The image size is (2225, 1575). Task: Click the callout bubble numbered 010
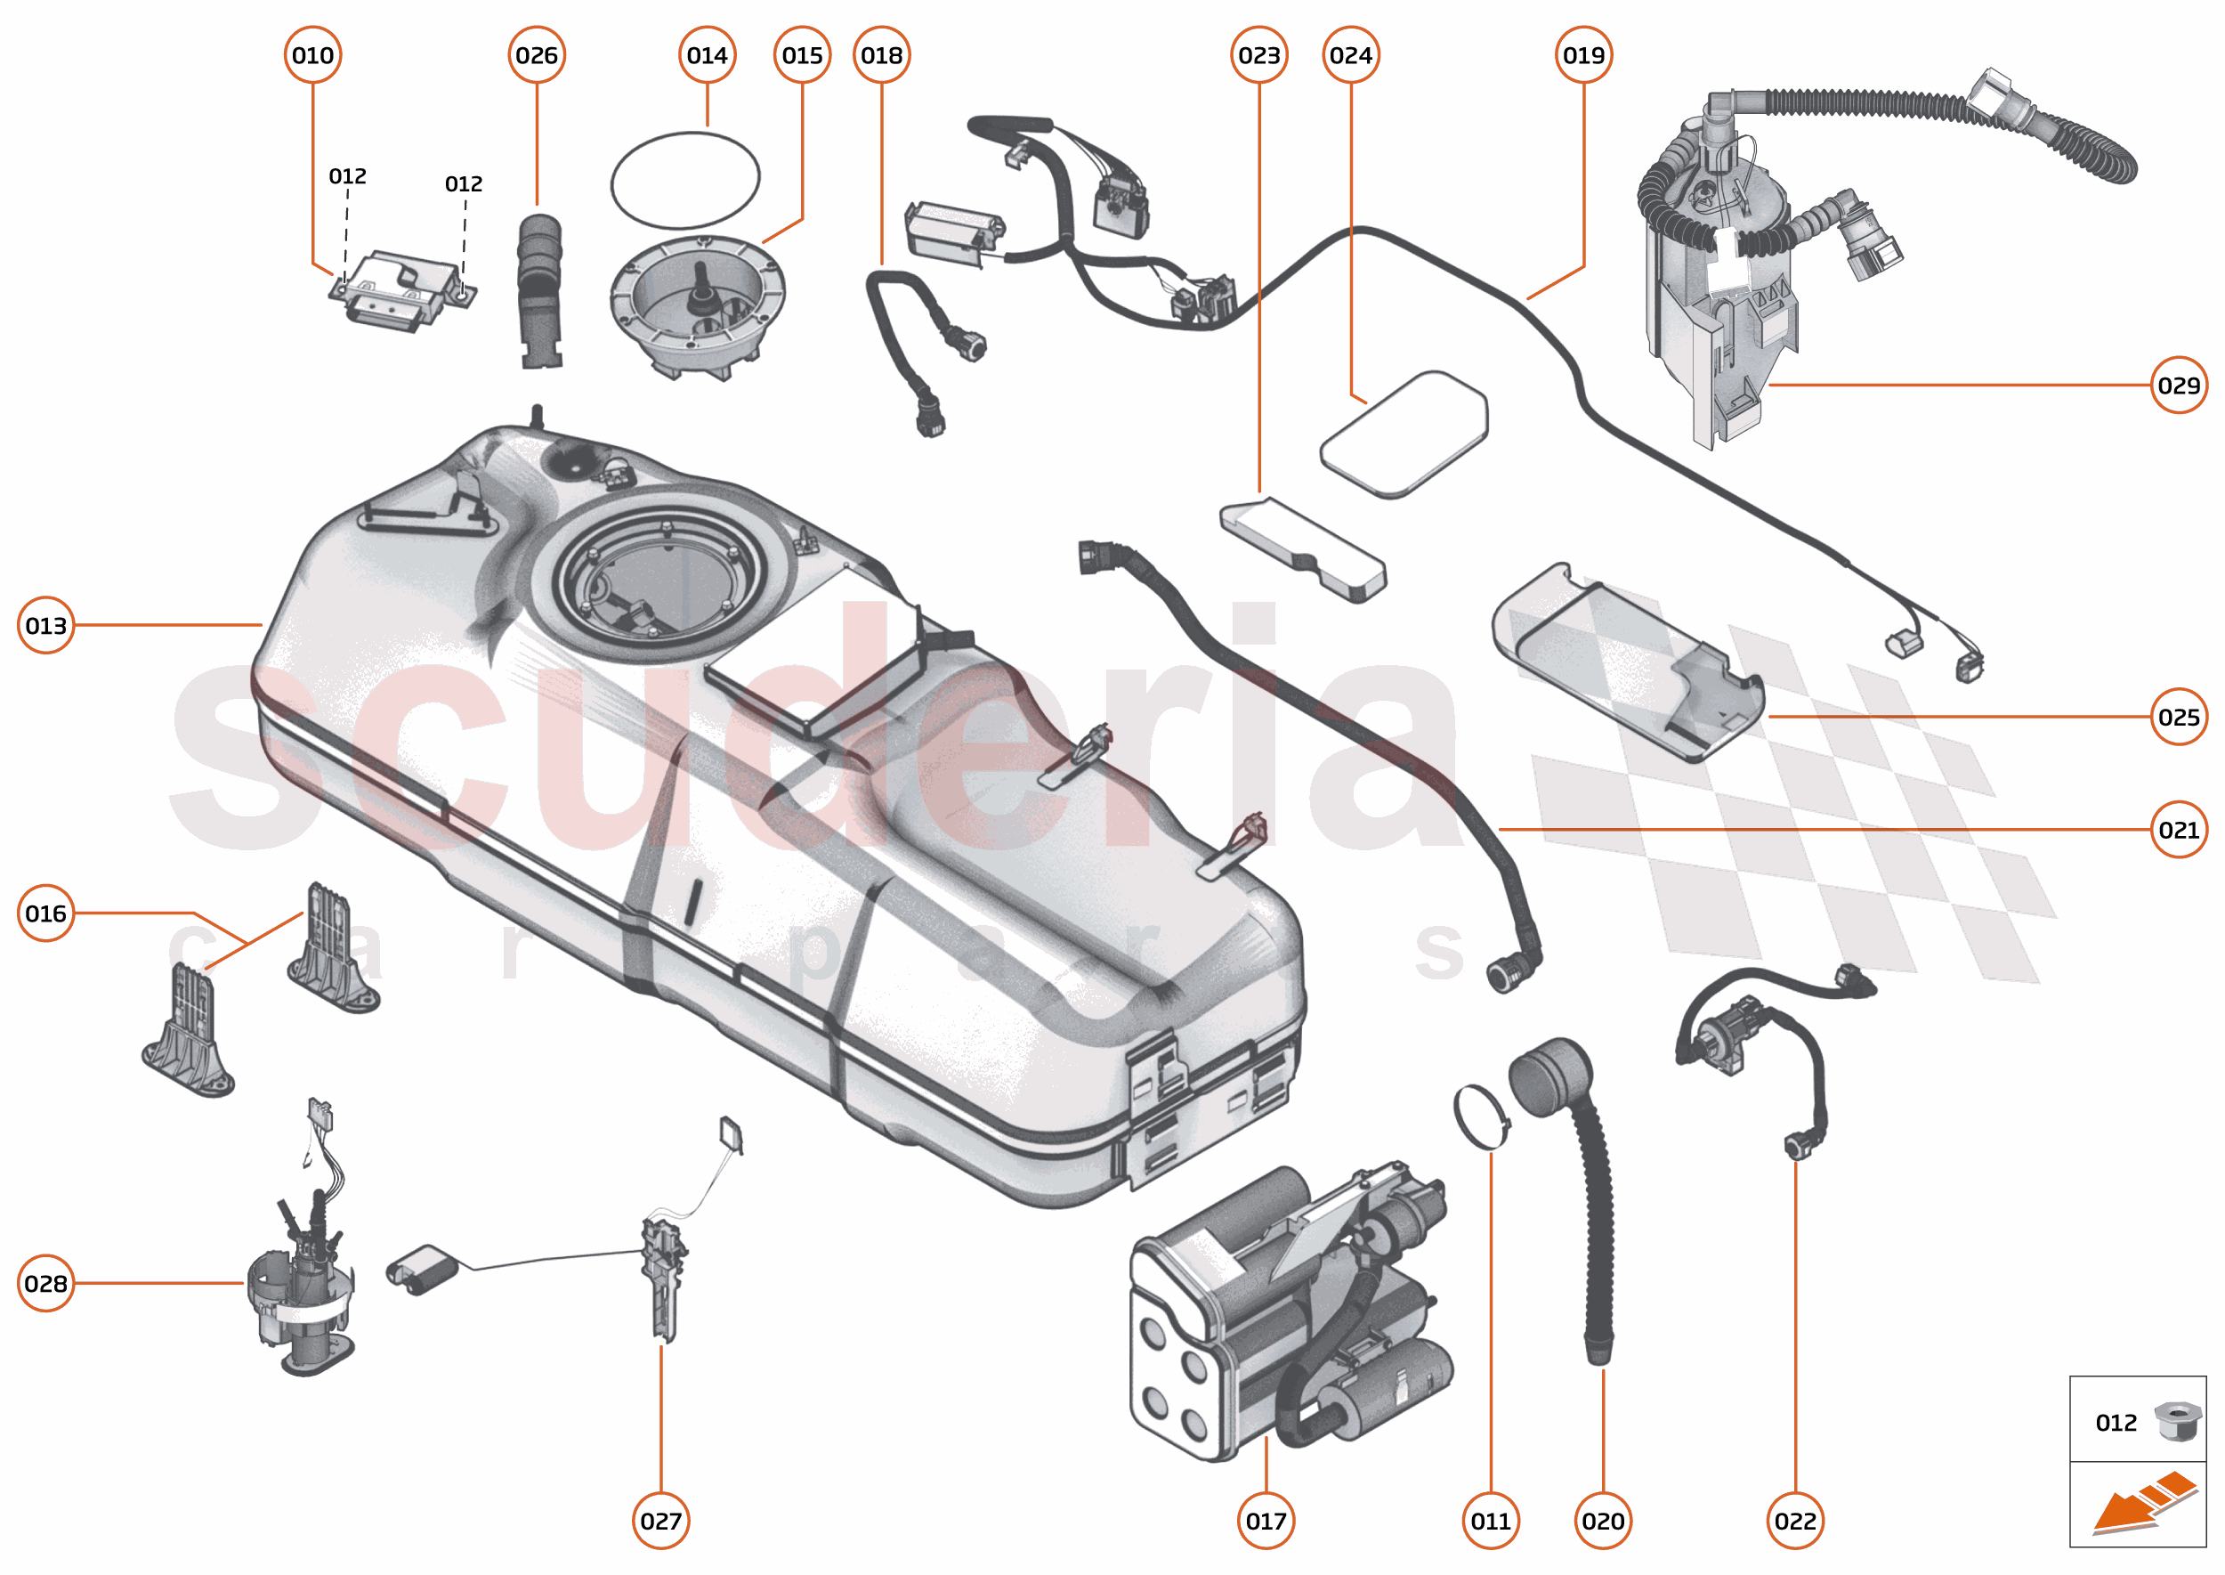[x=312, y=55]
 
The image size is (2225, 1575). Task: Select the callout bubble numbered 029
[x=2178, y=385]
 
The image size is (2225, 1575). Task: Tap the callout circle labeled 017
[x=1266, y=1520]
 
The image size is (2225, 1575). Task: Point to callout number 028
[x=45, y=1282]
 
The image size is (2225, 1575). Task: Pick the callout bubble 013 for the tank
[x=45, y=625]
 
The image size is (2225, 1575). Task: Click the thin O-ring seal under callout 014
[x=684, y=134]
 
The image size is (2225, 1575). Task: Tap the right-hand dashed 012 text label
[x=464, y=183]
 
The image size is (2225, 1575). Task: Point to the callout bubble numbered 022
[x=1794, y=1520]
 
